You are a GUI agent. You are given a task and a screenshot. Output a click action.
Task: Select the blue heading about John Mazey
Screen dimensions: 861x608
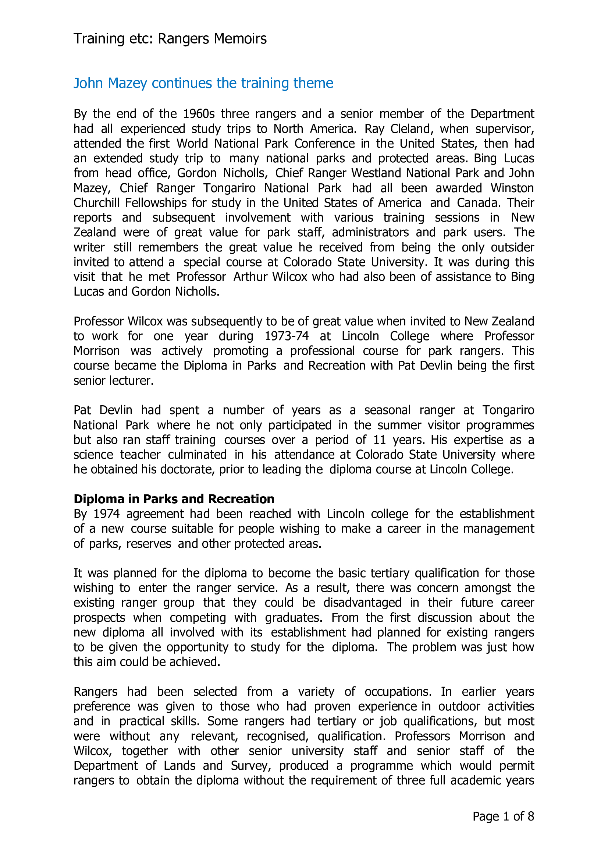(x=203, y=83)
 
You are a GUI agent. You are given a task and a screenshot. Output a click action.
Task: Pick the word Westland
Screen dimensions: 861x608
(x=377, y=173)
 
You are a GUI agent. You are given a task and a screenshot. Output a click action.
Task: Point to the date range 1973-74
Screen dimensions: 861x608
(x=287, y=336)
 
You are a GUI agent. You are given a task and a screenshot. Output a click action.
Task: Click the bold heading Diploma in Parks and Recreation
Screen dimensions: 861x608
(x=174, y=499)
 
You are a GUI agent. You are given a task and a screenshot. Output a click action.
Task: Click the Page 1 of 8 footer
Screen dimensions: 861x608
(x=503, y=816)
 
